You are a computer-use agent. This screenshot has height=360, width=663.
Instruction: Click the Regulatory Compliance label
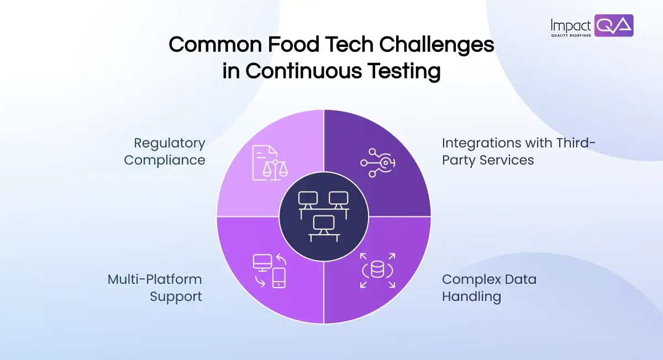165,152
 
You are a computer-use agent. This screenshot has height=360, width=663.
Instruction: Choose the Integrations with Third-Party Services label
518,152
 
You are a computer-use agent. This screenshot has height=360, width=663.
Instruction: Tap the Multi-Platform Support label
155,288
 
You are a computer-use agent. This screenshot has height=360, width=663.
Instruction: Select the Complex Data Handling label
488,288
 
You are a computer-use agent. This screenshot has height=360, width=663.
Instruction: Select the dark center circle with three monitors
323,215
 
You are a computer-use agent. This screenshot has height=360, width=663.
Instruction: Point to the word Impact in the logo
571,25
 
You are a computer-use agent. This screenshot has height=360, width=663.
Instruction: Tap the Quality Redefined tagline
571,35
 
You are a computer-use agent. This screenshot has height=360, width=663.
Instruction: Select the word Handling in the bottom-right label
471,297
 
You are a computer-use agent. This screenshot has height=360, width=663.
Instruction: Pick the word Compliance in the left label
165,160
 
